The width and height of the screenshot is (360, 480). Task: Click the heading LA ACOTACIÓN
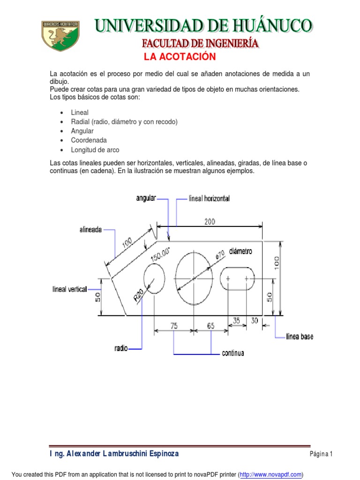pyautogui.click(x=180, y=57)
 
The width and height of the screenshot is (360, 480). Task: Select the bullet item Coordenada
pyautogui.click(x=89, y=140)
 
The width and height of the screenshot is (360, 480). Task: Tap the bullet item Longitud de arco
pyautogui.click(x=95, y=150)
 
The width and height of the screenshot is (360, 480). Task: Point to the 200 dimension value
pyautogui.click(x=210, y=222)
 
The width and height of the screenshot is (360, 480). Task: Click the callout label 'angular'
pyautogui.click(x=146, y=198)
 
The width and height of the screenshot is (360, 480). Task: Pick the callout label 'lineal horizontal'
pyautogui.click(x=209, y=199)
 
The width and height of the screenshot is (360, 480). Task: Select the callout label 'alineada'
pyautogui.click(x=90, y=230)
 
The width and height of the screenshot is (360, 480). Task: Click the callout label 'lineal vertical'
pyautogui.click(x=69, y=289)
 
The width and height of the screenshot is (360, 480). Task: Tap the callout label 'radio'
pyautogui.click(x=121, y=348)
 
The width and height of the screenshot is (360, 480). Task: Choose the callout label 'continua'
pyautogui.click(x=233, y=353)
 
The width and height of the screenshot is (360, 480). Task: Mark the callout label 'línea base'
pyautogui.click(x=300, y=337)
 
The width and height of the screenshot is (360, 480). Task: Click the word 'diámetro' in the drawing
pyautogui.click(x=241, y=251)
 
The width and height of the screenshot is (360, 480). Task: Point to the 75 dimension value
pyautogui.click(x=174, y=326)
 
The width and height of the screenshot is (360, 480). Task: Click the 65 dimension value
pyautogui.click(x=210, y=326)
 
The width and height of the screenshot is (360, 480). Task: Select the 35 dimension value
pyautogui.click(x=236, y=321)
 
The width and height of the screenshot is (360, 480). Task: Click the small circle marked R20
pyautogui.click(x=154, y=278)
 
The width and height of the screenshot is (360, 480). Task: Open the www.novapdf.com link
pyautogui.click(x=270, y=474)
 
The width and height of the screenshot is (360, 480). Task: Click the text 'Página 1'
pyautogui.click(x=321, y=454)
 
